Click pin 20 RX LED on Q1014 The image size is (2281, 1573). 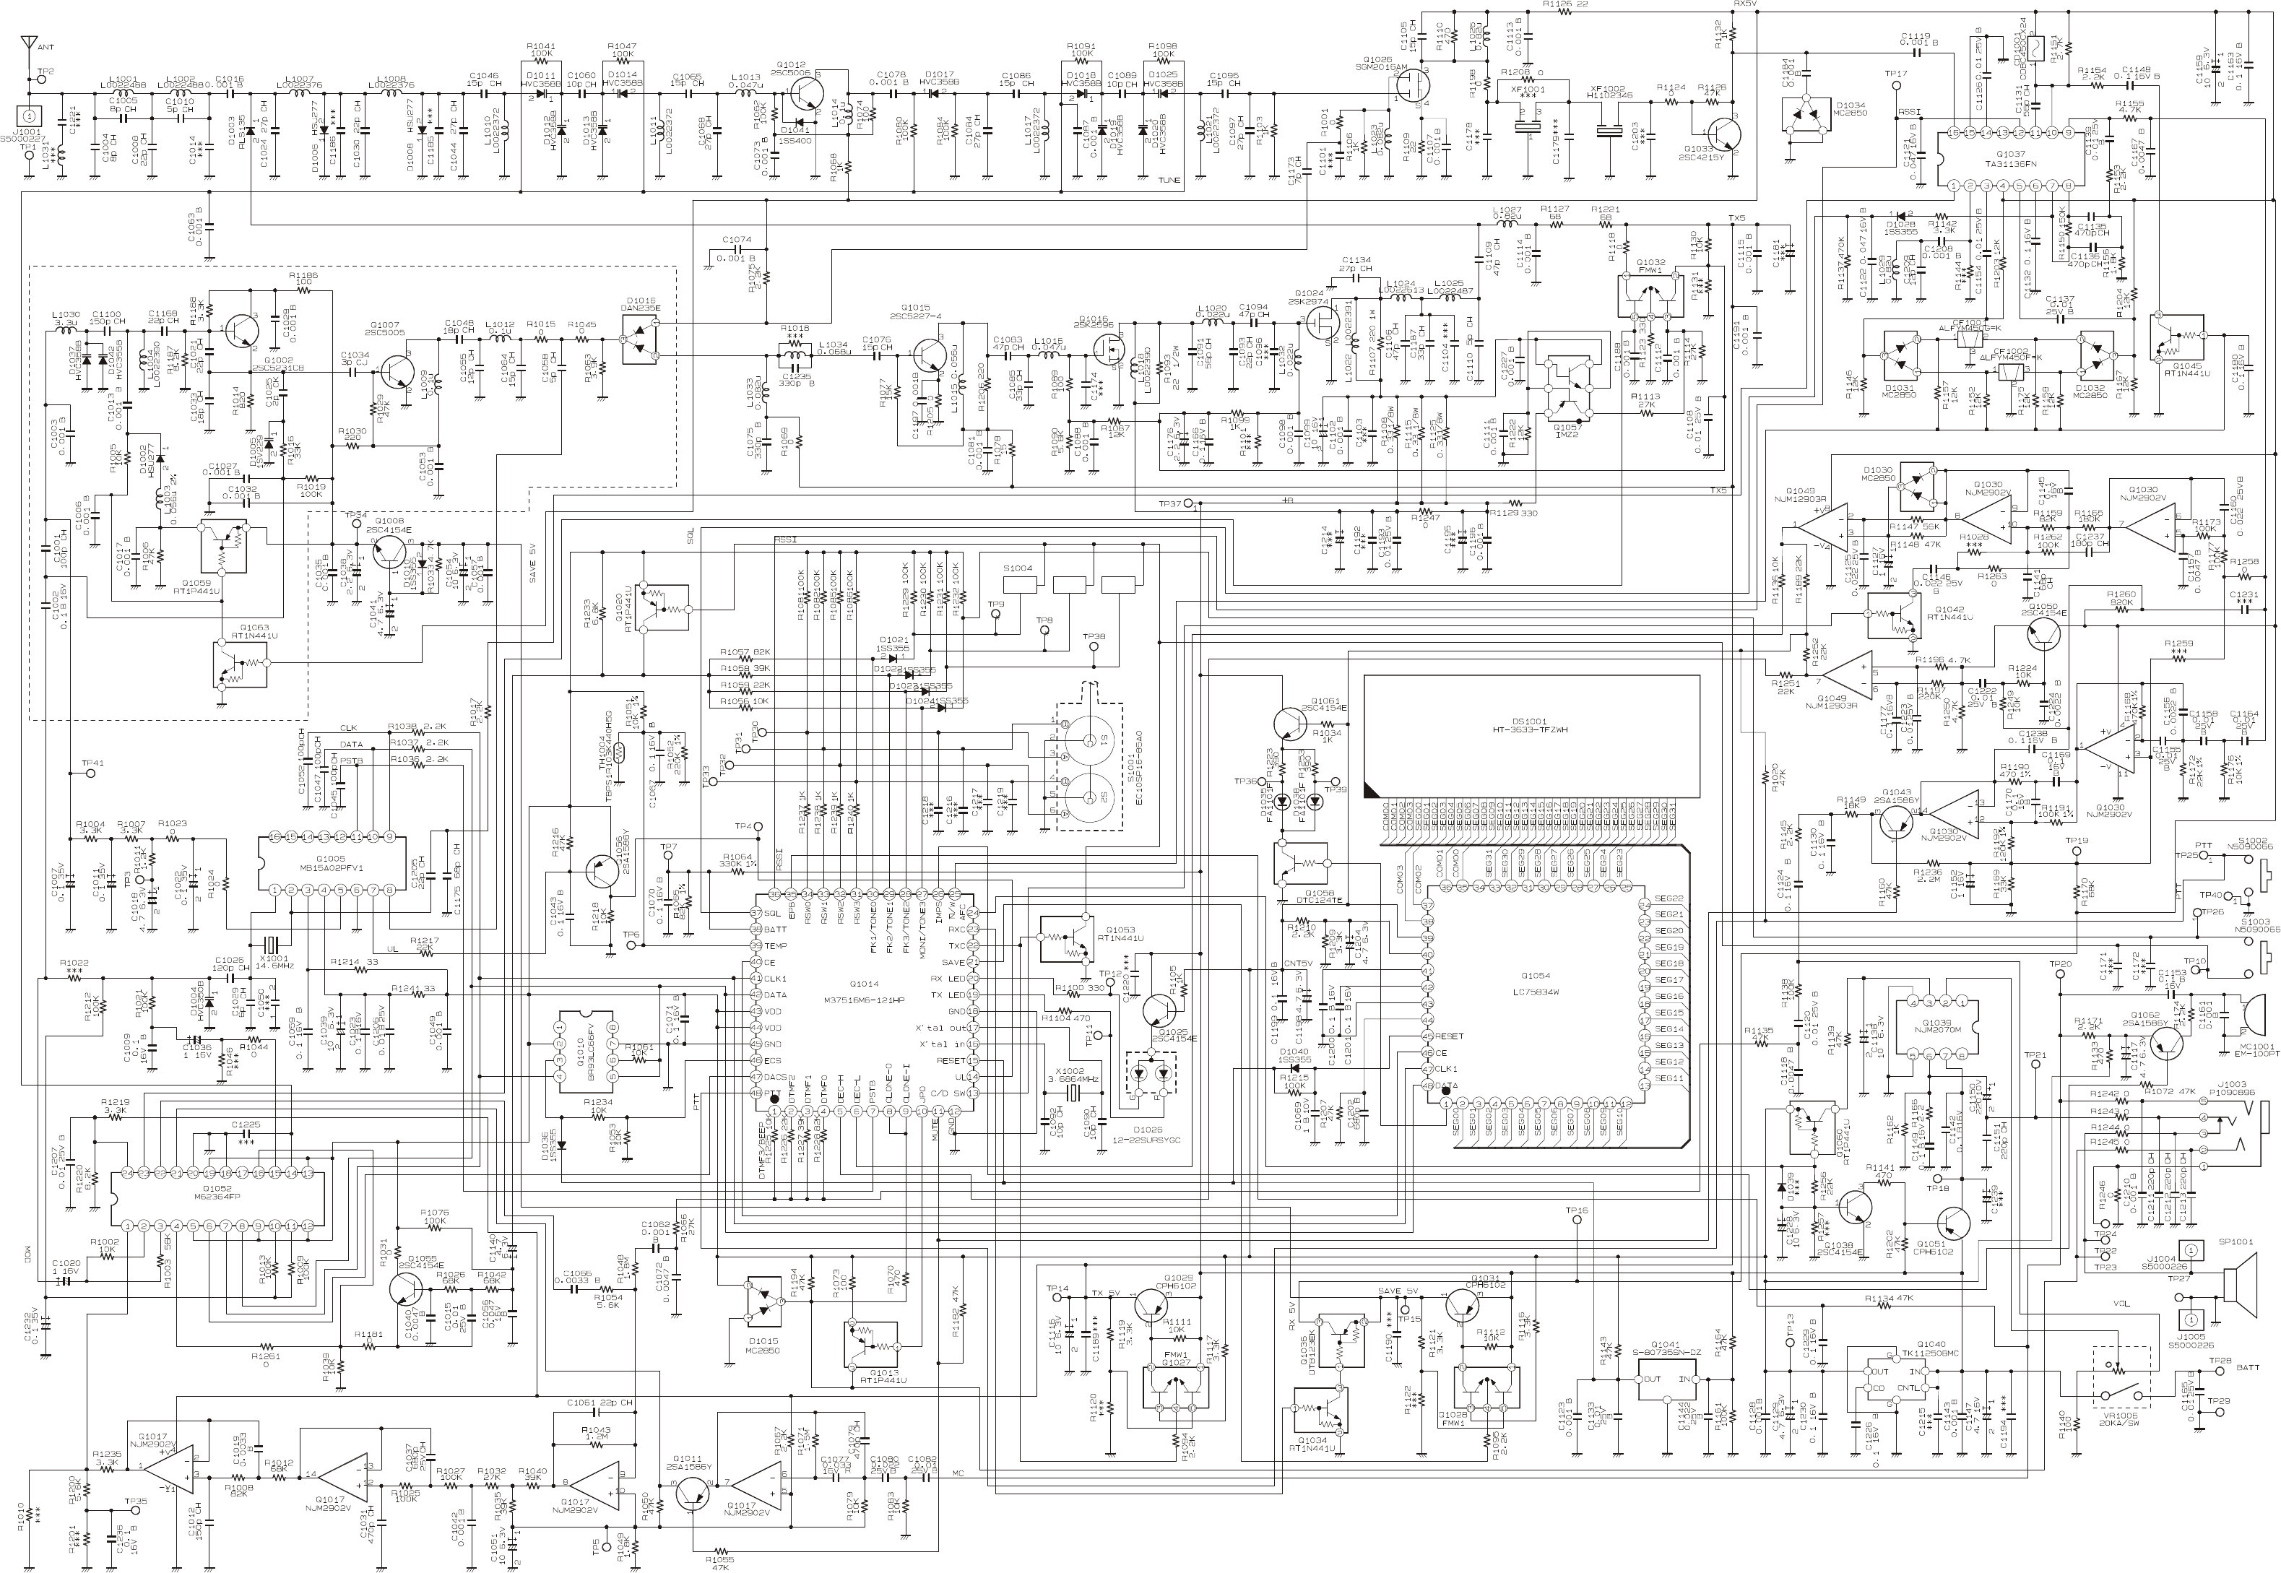coord(972,979)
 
